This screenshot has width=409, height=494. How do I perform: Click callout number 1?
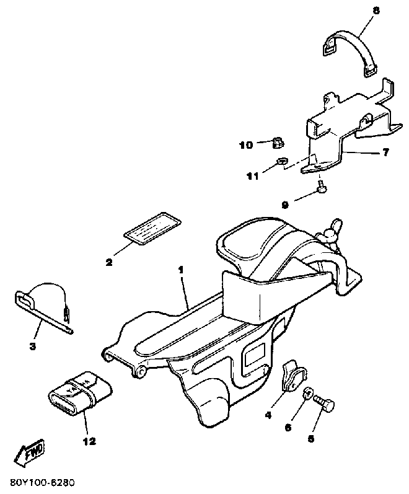coord(180,270)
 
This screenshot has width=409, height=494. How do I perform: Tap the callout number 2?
coord(109,262)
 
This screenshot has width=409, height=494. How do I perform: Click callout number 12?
coord(89,441)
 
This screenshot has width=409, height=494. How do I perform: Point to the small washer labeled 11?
coord(280,163)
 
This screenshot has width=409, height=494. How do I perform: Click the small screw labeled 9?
coord(322,184)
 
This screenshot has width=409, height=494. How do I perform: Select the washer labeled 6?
coord(307,395)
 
